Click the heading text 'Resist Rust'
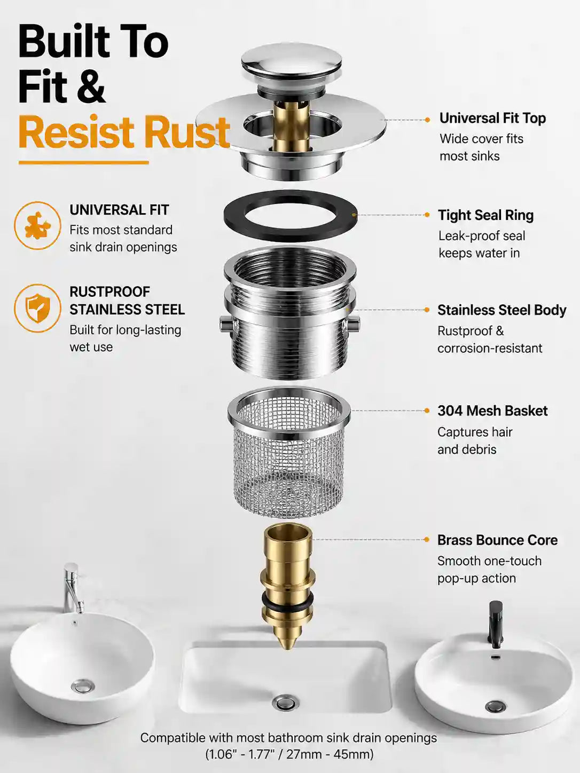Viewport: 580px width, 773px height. [x=124, y=132]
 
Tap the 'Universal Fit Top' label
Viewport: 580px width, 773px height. [x=492, y=119]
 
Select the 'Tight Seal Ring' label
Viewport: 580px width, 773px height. [x=485, y=215]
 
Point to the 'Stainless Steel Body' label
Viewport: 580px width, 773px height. [x=502, y=310]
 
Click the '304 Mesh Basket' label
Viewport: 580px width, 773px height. [x=492, y=411]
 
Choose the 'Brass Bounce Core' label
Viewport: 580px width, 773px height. [x=497, y=540]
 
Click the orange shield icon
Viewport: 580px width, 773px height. [x=37, y=308]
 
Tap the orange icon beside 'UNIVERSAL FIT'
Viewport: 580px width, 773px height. [x=37, y=225]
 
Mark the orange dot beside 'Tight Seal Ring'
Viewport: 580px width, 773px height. [x=427, y=215]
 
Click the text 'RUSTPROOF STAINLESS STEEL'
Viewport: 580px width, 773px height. [x=127, y=301]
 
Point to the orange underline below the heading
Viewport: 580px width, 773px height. [x=83, y=162]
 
